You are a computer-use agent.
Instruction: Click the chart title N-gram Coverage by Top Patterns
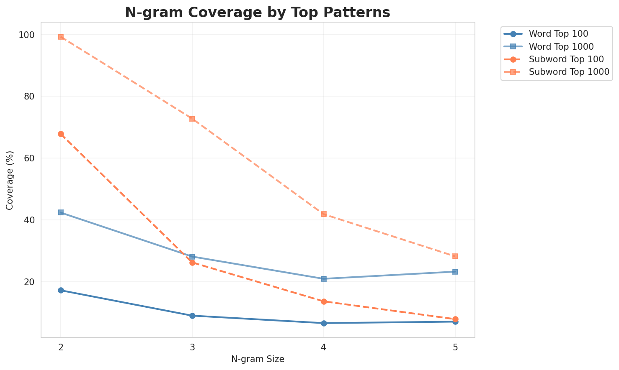258,12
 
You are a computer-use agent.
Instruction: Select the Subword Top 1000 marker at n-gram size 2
61,37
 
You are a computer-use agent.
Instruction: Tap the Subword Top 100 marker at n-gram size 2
61,134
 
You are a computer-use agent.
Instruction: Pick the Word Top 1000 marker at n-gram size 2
61,212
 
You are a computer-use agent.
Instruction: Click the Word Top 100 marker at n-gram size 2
61,290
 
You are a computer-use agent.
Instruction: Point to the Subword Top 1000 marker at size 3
192,119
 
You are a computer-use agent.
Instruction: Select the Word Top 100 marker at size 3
192,316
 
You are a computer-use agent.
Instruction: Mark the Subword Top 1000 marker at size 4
324,214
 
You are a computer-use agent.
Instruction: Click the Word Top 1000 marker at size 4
324,278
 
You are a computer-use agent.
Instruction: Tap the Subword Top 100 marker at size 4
324,301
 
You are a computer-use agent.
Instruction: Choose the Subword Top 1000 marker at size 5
455,256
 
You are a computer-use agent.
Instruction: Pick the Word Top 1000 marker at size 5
455,272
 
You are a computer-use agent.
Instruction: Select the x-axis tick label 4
324,347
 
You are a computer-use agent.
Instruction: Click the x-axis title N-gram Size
258,359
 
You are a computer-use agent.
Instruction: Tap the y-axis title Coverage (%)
10,180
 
